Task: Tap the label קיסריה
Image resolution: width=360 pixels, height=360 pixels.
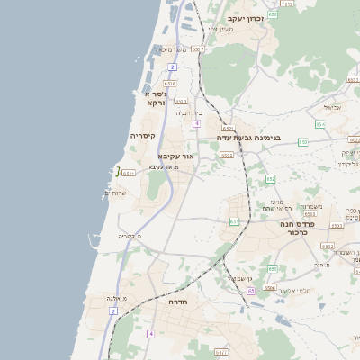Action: point(143,136)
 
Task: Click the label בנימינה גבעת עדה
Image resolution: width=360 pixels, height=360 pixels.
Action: point(248,138)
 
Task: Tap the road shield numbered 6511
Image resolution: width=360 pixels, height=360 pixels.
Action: point(129,173)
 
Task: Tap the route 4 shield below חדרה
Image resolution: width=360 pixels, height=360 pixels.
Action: point(151,334)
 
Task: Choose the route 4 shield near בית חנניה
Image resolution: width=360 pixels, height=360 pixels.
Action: point(194,123)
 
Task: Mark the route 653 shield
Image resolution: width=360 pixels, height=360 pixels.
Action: point(303,141)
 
